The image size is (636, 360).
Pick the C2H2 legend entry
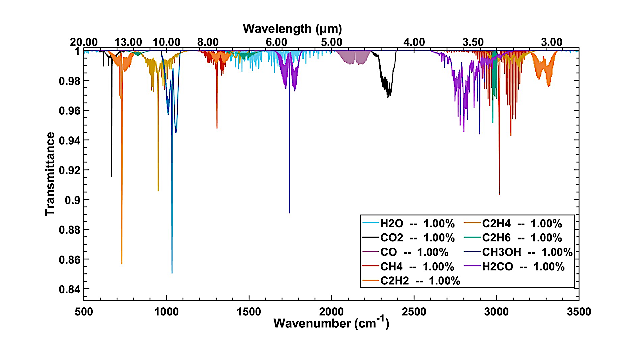coord(411,281)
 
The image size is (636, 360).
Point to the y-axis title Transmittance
coord(50,174)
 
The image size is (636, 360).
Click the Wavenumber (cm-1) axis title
coord(331,323)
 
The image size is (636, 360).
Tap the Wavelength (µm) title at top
coord(292,28)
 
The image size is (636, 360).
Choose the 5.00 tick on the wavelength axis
coord(331,42)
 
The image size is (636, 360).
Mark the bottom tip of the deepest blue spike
coord(172,273)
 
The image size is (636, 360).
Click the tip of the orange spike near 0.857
coord(122,263)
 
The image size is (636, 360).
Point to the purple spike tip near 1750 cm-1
coord(289,213)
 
